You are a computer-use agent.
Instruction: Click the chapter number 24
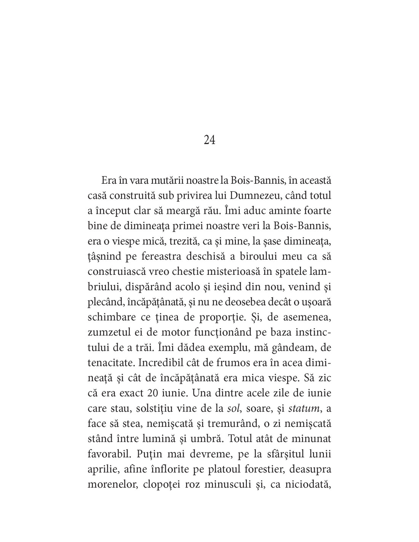[209, 141]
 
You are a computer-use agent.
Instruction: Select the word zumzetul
[107, 332]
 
